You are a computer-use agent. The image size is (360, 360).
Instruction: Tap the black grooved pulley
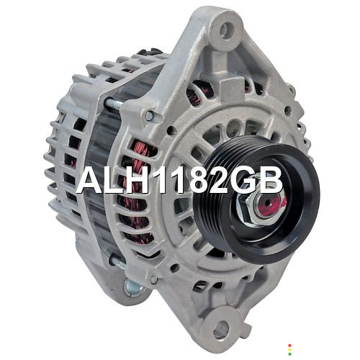tap(257, 199)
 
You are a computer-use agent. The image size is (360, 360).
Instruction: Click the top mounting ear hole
tap(225, 30)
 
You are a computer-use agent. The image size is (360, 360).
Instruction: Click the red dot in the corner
tap(289, 346)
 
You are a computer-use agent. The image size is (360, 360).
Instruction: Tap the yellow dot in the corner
tap(289, 350)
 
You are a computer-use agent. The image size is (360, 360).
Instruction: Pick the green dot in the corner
tap(289, 354)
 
